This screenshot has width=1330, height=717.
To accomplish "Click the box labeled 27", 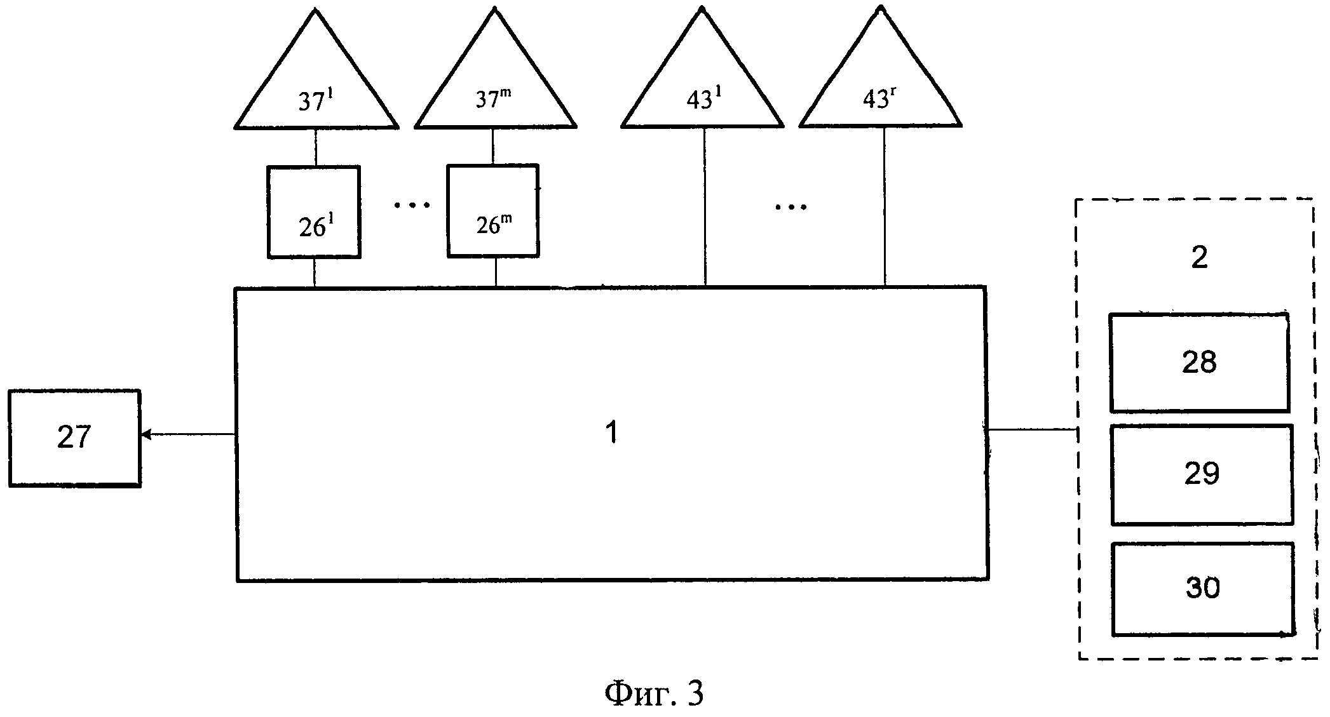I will (x=74, y=438).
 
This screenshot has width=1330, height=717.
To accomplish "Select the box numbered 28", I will (x=1199, y=363).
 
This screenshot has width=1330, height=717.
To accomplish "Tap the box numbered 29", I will (x=1202, y=474).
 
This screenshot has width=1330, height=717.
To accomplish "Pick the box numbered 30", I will (x=1203, y=589).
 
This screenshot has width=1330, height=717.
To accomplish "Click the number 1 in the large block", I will (x=611, y=434).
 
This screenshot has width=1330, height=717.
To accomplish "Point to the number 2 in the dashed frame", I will (x=1199, y=257).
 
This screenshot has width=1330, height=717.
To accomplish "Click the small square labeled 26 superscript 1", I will (x=314, y=212).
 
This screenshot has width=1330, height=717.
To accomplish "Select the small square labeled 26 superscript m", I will (x=493, y=211).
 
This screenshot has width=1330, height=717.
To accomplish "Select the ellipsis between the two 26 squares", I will (x=412, y=205).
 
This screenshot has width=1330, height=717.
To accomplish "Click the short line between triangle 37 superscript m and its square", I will (x=493, y=147).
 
